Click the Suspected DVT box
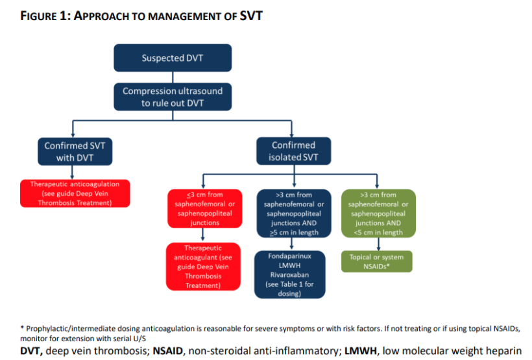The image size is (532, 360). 173,58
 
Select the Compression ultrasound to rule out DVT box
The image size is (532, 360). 173,97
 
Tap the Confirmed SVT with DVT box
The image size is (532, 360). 75,151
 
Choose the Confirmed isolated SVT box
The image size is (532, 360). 293,151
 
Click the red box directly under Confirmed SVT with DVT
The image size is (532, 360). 75,193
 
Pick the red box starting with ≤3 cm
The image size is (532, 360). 203,208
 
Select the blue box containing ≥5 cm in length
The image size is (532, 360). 293,213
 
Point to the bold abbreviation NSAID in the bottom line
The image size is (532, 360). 171,351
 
